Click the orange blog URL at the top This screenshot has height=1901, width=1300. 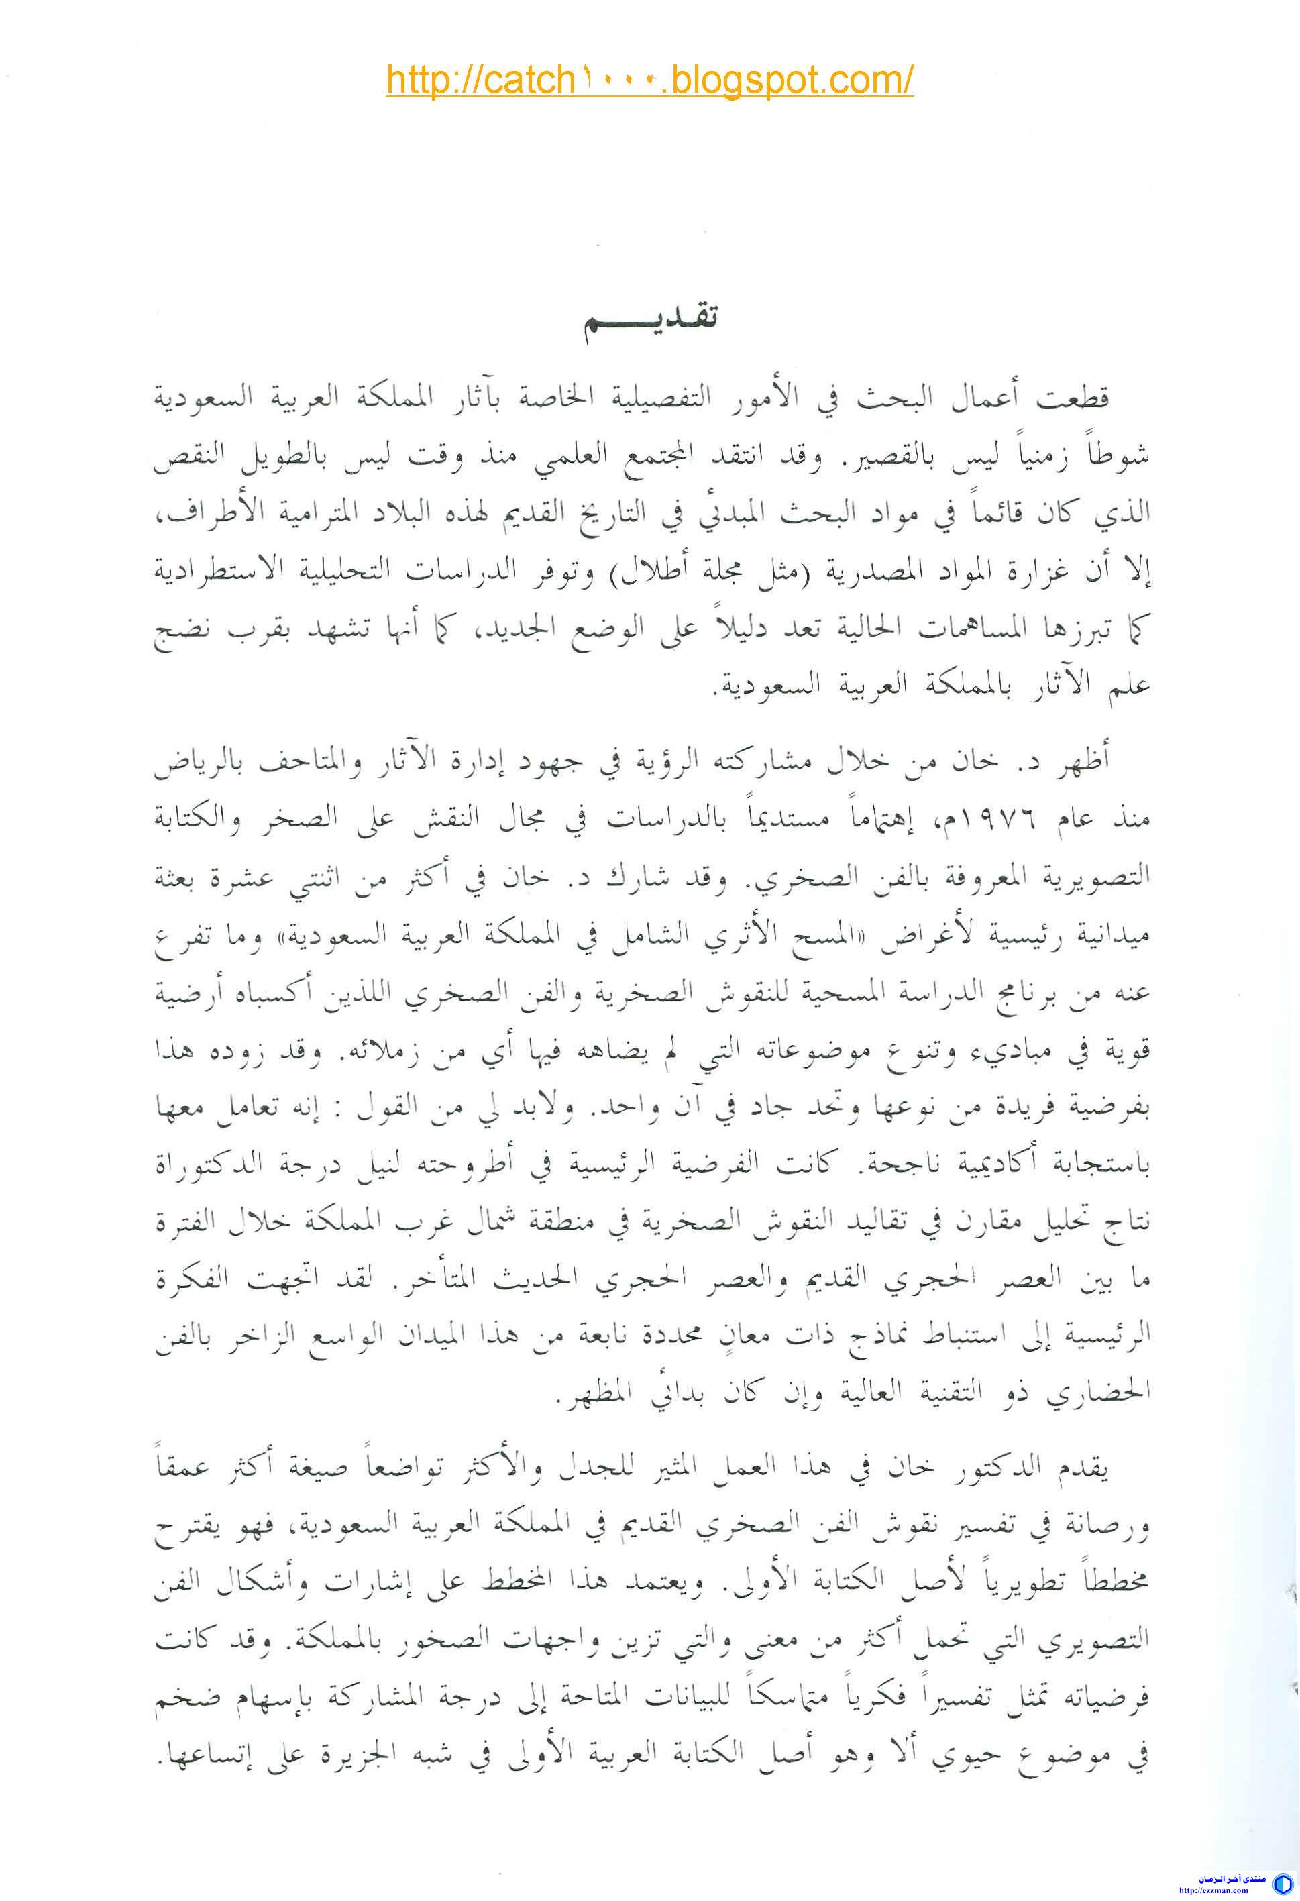point(649,81)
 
